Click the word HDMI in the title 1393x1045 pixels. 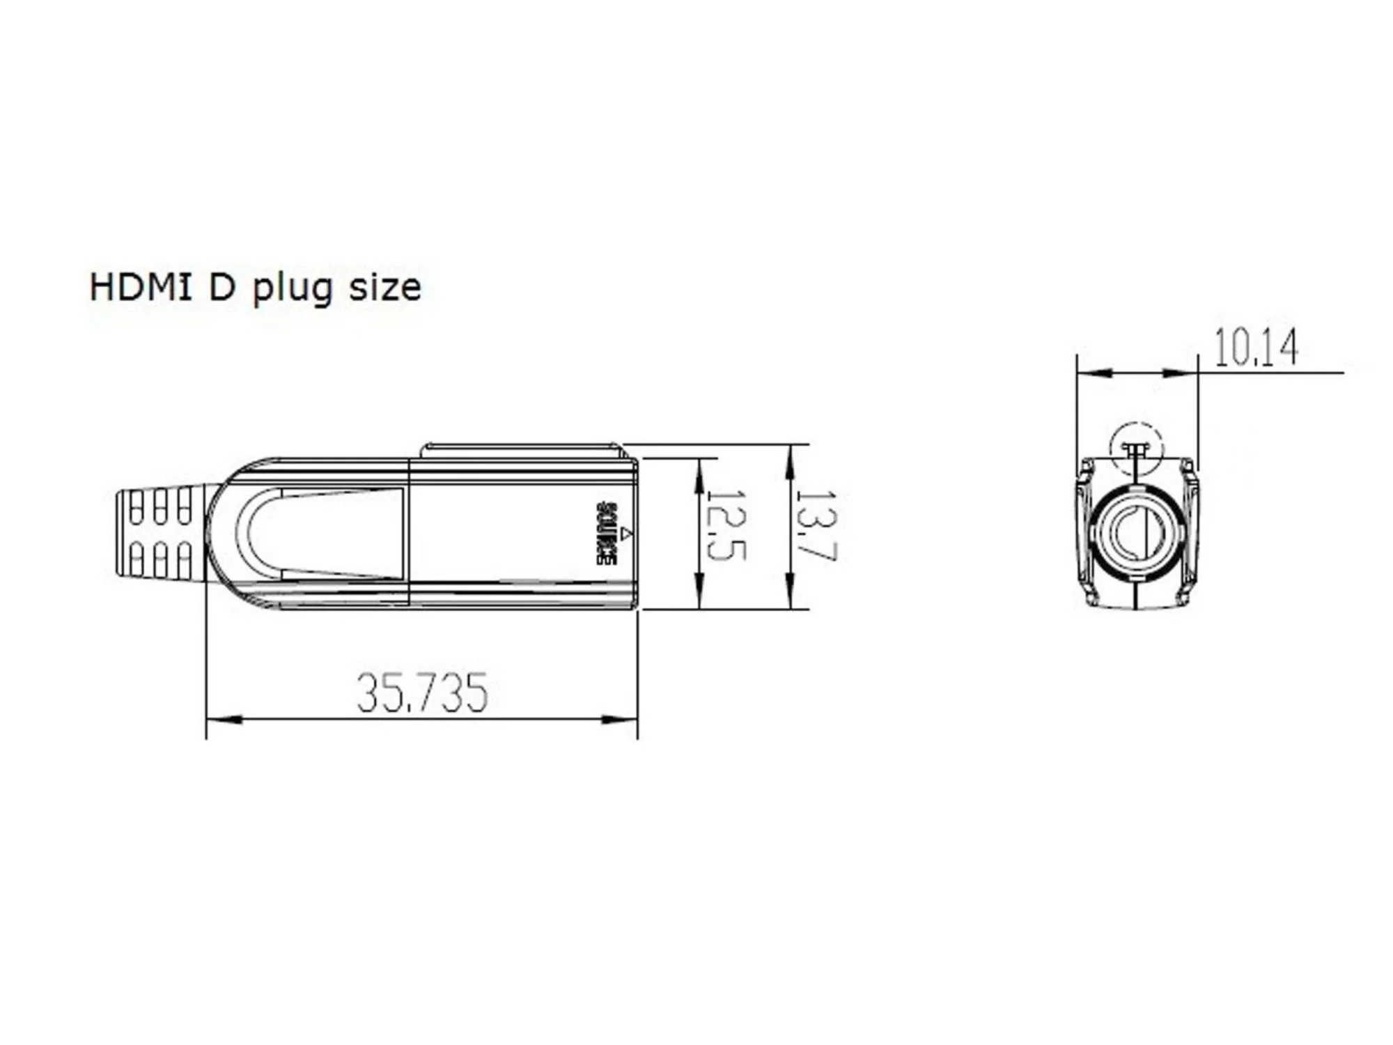pos(140,287)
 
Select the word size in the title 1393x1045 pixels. pos(384,288)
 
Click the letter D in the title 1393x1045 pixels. pos(222,287)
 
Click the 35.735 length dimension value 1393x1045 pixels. pos(422,693)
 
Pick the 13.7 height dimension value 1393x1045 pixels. pos(816,526)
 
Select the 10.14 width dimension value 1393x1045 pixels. pos(1256,348)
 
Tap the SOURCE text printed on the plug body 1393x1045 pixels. pos(607,534)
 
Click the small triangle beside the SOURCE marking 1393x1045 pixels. pos(627,534)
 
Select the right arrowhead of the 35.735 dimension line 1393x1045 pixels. pos(619,719)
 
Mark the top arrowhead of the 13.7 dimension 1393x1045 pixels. pos(790,463)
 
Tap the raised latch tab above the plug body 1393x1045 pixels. pos(522,450)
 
